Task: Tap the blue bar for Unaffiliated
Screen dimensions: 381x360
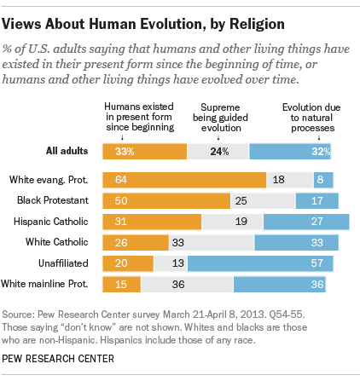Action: (269, 263)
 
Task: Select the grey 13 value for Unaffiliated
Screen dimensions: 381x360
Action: (176, 263)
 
